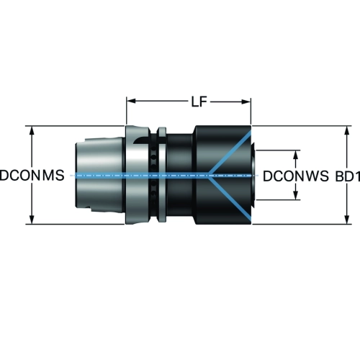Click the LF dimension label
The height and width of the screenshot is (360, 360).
(199, 102)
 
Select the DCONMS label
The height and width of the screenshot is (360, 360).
(32, 175)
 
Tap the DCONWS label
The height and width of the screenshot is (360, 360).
(296, 176)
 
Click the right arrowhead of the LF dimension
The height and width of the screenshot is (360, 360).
(246, 102)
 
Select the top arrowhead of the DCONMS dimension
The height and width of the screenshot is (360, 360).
(32, 131)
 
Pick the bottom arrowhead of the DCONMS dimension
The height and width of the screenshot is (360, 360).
(32, 220)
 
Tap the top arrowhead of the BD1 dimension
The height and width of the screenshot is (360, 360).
(347, 131)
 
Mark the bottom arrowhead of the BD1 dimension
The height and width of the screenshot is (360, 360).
(347, 219)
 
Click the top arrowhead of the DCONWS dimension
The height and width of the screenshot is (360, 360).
(296, 155)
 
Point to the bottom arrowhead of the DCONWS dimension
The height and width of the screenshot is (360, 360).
(296, 195)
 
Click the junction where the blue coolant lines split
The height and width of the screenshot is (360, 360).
(210, 176)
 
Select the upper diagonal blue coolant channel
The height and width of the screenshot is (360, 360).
(230, 153)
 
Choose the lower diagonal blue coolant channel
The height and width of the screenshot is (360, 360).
(230, 198)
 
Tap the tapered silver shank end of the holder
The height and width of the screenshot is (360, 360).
(99, 175)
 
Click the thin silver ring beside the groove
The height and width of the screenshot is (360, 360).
(161, 175)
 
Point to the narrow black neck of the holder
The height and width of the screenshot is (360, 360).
(179, 175)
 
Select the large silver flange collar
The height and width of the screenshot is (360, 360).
(138, 175)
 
